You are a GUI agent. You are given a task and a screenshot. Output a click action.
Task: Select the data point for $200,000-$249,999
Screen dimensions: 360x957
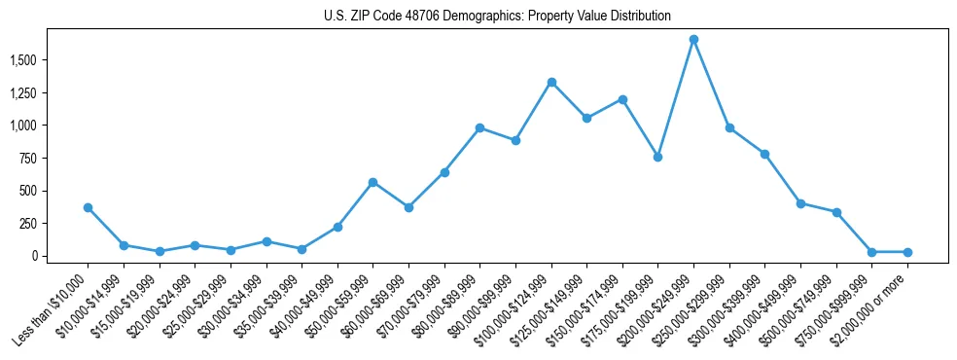(693, 39)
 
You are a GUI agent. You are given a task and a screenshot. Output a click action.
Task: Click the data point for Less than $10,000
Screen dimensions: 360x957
(88, 207)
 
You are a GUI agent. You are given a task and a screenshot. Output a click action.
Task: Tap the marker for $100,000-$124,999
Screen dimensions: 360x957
(551, 82)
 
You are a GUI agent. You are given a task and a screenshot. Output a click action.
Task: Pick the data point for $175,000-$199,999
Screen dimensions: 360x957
(657, 157)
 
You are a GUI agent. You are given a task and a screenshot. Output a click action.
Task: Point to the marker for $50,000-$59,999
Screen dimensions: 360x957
(372, 182)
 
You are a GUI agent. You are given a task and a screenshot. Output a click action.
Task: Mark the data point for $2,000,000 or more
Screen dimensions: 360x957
(907, 252)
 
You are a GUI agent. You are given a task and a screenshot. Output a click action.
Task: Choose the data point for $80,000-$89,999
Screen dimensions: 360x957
(479, 127)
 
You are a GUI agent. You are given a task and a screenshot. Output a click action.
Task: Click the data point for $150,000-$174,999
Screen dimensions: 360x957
(622, 99)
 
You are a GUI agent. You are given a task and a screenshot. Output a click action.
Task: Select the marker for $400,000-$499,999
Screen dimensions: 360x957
(800, 203)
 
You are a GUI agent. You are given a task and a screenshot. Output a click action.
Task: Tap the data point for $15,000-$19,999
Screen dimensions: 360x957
(159, 251)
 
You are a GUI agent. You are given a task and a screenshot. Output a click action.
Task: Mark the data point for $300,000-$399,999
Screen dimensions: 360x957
(764, 154)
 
